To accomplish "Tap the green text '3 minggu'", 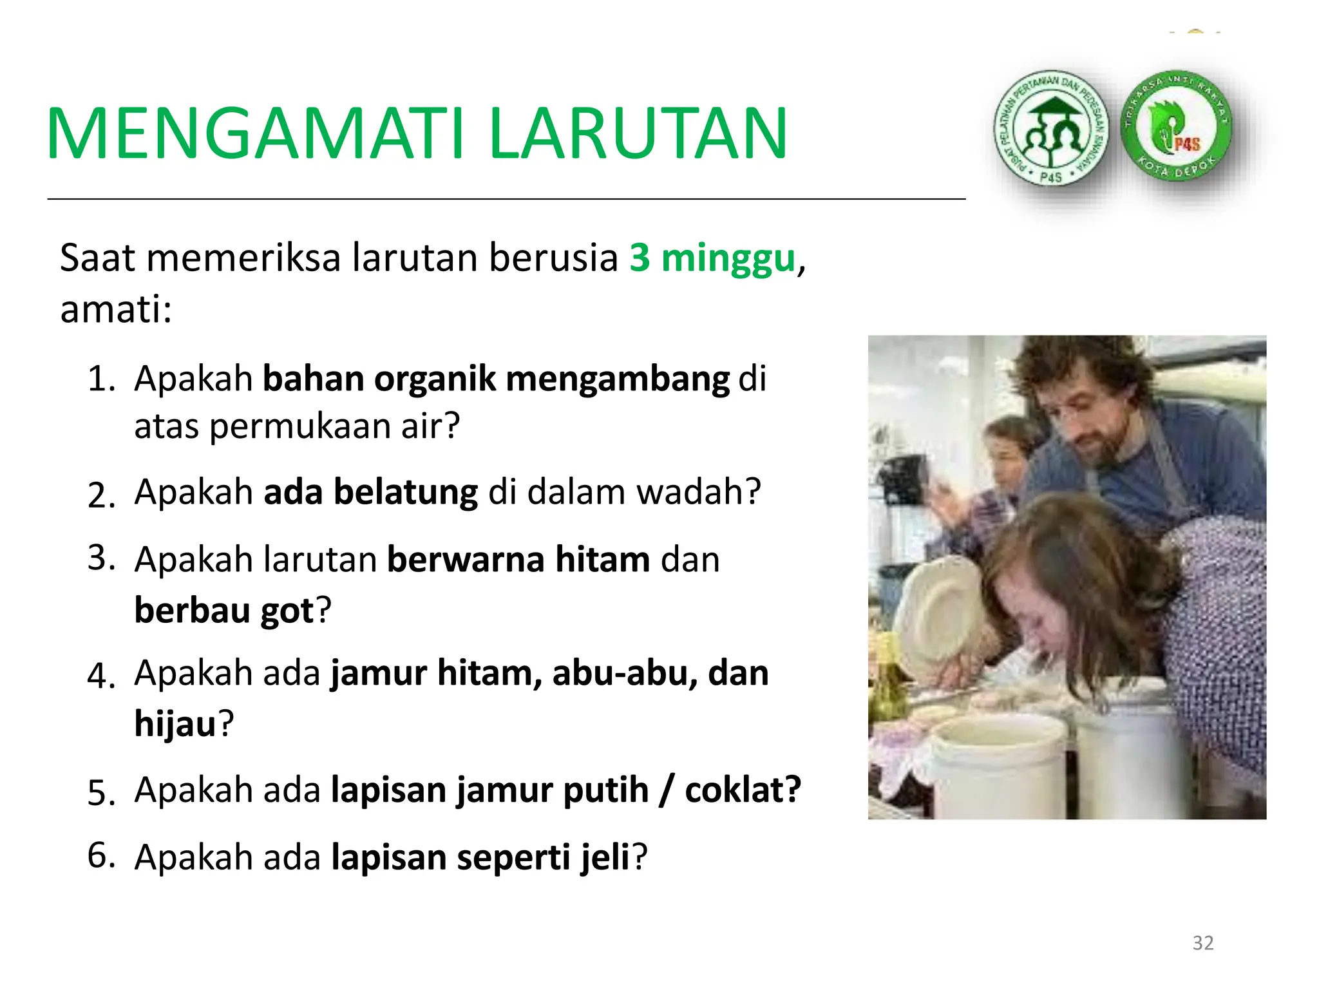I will pyautogui.click(x=713, y=258).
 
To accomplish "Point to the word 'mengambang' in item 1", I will pyautogui.click(x=617, y=379).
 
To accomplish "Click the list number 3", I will pyautogui.click(x=101, y=558).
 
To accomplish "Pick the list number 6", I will pyautogui.click(x=101, y=856).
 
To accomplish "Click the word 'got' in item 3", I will pyautogui.click(x=287, y=610).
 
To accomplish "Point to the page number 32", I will pyautogui.click(x=1203, y=943).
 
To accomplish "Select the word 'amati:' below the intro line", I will pyautogui.click(x=116, y=309).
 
